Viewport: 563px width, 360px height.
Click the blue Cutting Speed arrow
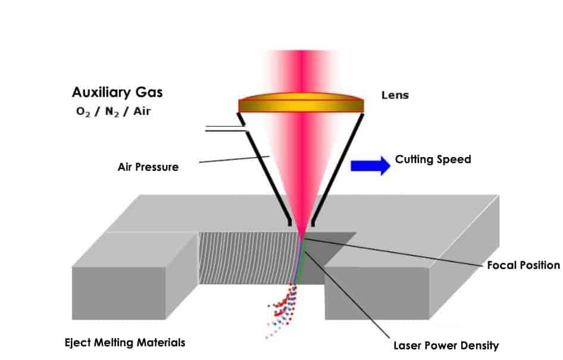370,165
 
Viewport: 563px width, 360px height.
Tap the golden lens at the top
301,102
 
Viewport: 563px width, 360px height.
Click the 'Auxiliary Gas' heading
117,93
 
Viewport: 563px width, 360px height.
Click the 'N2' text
110,111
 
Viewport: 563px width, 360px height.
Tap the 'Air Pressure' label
148,167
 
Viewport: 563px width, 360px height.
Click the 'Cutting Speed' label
433,159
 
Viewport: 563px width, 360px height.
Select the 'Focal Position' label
523,265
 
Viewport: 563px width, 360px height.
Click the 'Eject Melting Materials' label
124,343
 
